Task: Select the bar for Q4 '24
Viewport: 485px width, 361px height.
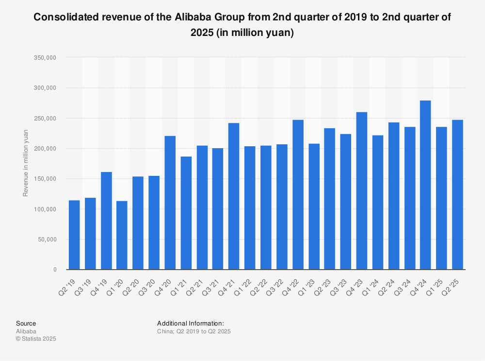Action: (x=425, y=185)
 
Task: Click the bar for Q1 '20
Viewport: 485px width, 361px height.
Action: (x=122, y=235)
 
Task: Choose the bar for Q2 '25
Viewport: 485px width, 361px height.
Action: (x=457, y=195)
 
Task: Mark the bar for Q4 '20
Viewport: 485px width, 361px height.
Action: (x=170, y=203)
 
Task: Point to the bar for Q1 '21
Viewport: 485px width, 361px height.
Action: (x=186, y=213)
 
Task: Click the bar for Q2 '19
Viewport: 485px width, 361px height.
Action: (x=74, y=235)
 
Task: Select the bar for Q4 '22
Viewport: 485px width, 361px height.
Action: (x=298, y=195)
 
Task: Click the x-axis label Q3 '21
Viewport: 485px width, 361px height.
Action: (x=215, y=280)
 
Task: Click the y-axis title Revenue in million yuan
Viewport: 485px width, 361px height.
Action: (x=26, y=163)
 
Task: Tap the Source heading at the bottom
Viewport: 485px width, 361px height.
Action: (x=26, y=324)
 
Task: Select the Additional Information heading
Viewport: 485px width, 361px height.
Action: (x=190, y=324)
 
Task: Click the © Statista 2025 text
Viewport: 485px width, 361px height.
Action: (x=36, y=339)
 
